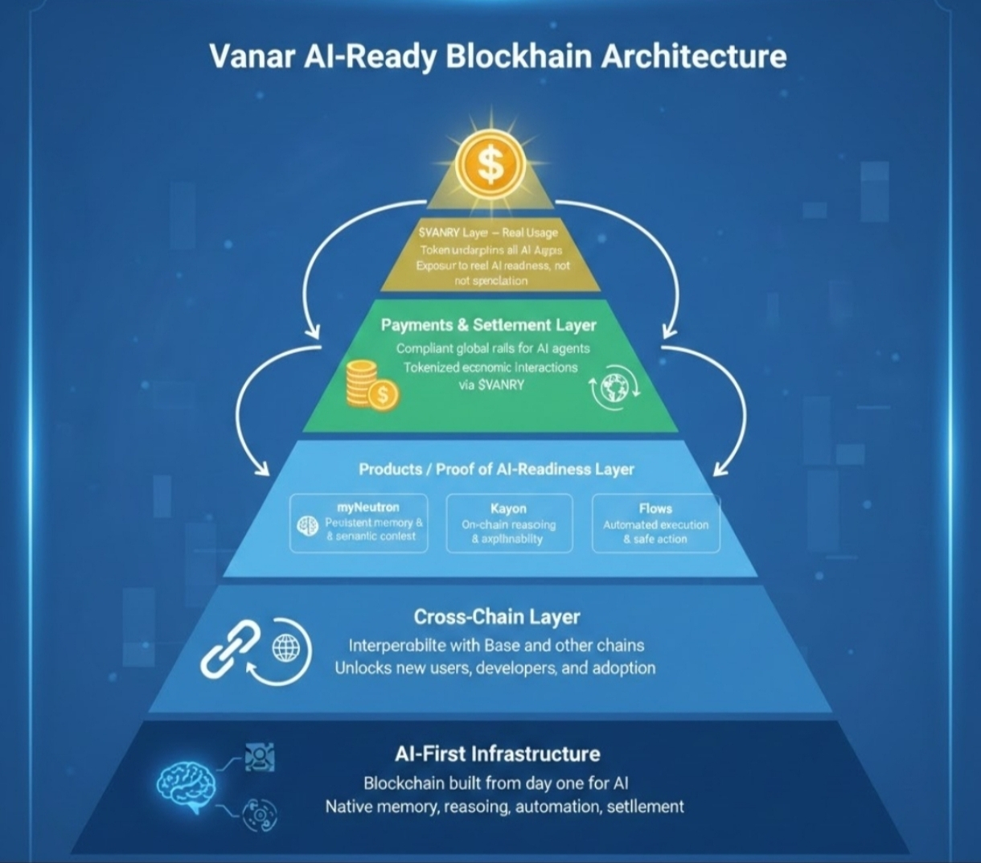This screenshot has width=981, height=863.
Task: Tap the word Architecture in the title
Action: coord(694,57)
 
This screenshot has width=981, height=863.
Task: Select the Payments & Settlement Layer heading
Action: coord(488,325)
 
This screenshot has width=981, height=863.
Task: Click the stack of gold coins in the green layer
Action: coord(369,385)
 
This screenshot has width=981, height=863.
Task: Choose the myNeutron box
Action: coord(359,523)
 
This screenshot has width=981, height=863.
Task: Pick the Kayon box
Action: coord(508,523)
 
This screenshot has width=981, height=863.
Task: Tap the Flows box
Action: coord(655,523)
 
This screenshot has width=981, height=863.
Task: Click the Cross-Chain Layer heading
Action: coord(496,617)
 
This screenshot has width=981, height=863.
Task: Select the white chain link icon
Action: coord(231,647)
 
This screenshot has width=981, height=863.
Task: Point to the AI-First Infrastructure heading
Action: coord(497,754)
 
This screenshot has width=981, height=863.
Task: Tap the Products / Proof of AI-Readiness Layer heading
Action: coord(496,469)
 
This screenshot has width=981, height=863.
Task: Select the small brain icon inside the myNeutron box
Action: coord(308,526)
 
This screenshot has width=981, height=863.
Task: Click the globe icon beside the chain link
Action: coord(285,647)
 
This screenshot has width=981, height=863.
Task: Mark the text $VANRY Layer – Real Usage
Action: coord(488,232)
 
